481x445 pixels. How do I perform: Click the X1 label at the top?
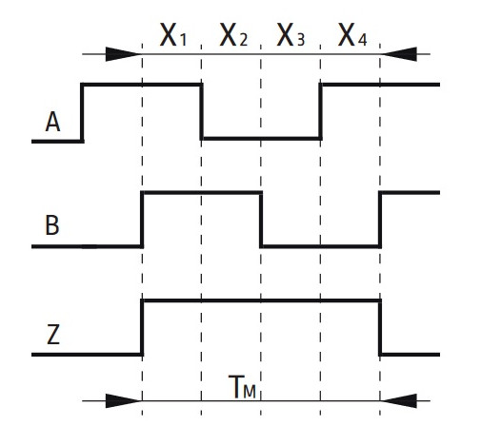click(x=173, y=35)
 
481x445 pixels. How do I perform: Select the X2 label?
click(x=233, y=35)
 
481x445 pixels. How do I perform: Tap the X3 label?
click(x=291, y=35)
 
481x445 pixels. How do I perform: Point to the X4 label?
click(x=352, y=35)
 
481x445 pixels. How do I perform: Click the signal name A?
click(x=52, y=122)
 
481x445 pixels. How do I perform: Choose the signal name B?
click(x=52, y=225)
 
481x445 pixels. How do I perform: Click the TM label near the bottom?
click(x=242, y=387)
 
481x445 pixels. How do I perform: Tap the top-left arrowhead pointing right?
click(x=123, y=54)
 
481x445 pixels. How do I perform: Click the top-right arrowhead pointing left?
click(x=399, y=54)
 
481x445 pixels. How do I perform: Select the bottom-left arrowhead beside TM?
click(x=123, y=401)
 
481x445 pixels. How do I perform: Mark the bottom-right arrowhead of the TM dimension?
click(x=399, y=401)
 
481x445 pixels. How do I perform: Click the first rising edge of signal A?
click(x=82, y=113)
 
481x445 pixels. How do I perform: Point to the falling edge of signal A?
click(x=201, y=111)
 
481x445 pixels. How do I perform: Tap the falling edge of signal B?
click(x=261, y=220)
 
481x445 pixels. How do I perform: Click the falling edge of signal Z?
click(x=380, y=327)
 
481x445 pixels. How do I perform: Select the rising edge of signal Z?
click(x=142, y=327)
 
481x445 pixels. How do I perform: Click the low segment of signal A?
click(x=261, y=139)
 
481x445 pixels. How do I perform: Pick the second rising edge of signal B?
click(x=380, y=220)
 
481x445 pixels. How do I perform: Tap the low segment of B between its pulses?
click(x=321, y=246)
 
